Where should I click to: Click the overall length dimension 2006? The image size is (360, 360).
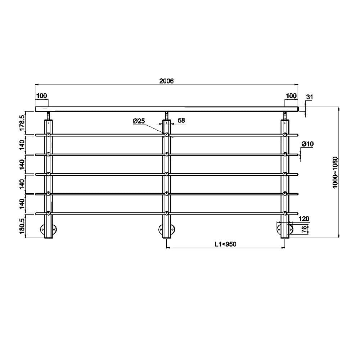(166, 81)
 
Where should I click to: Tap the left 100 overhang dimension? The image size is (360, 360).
(41, 96)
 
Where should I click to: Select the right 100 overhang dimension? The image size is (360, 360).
(291, 96)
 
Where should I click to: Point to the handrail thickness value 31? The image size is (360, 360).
(310, 97)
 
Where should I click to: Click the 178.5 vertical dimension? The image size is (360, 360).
(21, 122)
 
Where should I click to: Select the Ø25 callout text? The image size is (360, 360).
(139, 121)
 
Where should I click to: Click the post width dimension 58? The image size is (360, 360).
(181, 121)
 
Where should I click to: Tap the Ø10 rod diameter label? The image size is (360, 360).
(307, 144)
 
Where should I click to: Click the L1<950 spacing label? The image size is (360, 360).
(225, 244)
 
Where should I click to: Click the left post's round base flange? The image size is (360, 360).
(48, 229)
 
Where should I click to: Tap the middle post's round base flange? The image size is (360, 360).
(166, 229)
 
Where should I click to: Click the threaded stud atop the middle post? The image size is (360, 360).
(166, 116)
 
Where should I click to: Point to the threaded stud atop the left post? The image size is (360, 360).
(48, 116)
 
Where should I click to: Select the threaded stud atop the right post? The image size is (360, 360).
(285, 116)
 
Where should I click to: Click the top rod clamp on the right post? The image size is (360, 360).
(285, 135)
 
